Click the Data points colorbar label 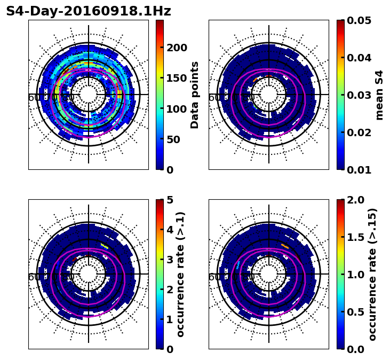[x=195, y=95]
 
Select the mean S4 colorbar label [x=379, y=95]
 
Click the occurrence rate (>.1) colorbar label [x=180, y=274]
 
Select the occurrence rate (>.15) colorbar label [x=372, y=274]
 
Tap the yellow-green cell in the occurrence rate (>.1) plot [x=104, y=245]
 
